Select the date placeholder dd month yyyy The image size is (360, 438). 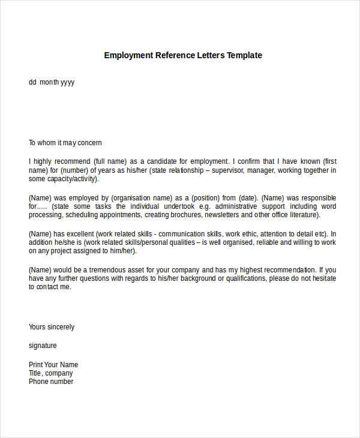tap(52, 82)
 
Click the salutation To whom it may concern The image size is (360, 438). tap(65, 143)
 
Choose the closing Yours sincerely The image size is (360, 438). tap(52, 327)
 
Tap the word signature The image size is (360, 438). tap(43, 346)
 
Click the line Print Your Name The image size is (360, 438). tap(53, 365)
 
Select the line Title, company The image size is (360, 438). tap(50, 373)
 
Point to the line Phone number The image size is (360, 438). tap(51, 382)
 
